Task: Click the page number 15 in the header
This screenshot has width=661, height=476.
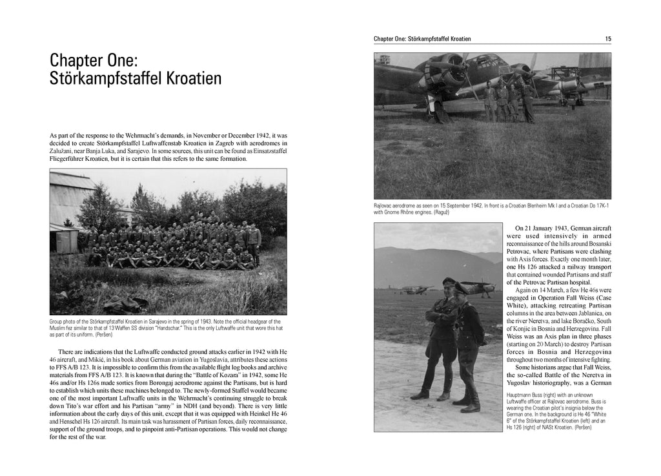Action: coord(608,39)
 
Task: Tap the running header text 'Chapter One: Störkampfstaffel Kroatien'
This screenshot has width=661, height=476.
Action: coord(422,39)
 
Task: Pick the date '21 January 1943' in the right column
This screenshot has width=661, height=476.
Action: coord(548,229)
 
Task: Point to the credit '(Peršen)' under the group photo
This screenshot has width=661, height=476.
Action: coord(104,335)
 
